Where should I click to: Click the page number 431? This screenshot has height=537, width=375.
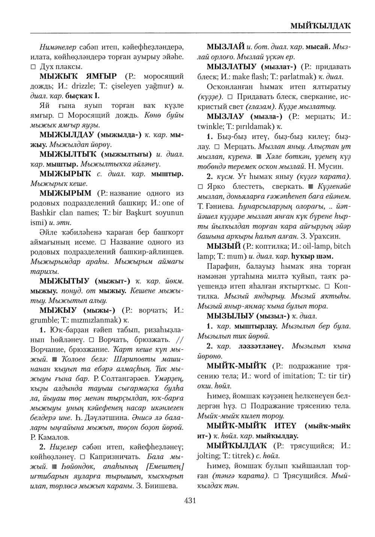pyautogui.click(x=190, y=500)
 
